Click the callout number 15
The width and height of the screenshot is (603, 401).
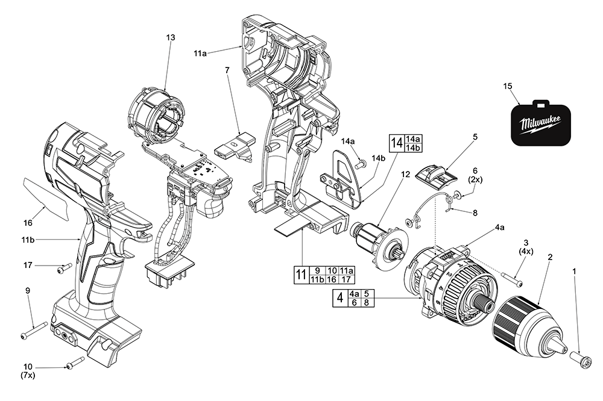[x=508, y=87]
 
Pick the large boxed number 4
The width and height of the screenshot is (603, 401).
[x=340, y=297]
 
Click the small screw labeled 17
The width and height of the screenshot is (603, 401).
[x=63, y=267]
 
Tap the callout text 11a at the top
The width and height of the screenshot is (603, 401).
[x=200, y=54]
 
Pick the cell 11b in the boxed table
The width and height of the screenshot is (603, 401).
[x=316, y=279]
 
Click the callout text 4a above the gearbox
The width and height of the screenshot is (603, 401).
[x=500, y=227]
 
